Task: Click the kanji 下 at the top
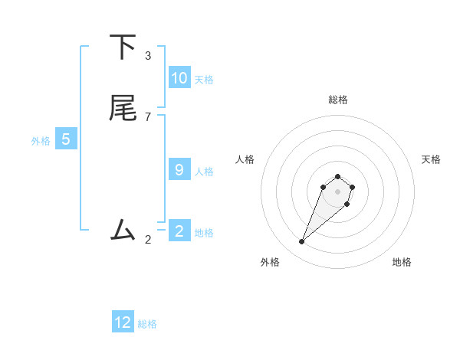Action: [x=123, y=47]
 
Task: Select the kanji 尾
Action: [x=123, y=108]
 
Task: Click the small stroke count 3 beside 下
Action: [x=148, y=56]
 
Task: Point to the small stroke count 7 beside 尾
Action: [x=148, y=116]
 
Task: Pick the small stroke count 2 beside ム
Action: [x=148, y=239]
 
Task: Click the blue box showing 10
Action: [x=179, y=78]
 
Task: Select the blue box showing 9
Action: [x=179, y=170]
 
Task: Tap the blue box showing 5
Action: [x=66, y=139]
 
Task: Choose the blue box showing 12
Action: [x=123, y=322]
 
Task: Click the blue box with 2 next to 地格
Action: [x=179, y=231]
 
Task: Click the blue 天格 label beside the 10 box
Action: [x=204, y=80]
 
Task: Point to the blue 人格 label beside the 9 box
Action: [x=204, y=172]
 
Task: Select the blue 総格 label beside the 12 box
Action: [x=147, y=324]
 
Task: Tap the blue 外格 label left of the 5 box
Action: [x=41, y=141]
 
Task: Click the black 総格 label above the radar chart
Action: [x=337, y=100]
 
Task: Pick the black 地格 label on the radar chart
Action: [x=402, y=262]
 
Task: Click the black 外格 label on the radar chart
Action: [x=270, y=262]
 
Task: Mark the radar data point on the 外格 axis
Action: [x=302, y=242]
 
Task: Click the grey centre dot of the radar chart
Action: [x=337, y=191]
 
